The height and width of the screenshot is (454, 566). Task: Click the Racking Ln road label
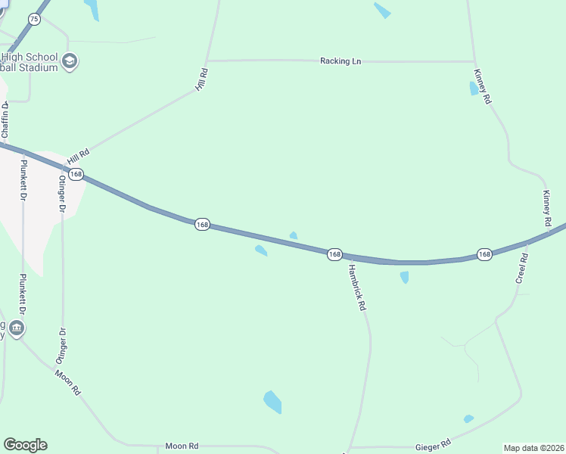tap(340, 61)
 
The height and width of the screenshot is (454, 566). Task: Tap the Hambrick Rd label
tap(356, 287)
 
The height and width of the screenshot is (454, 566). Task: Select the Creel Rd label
tap(521, 269)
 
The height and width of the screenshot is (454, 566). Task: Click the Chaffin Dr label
tap(7, 121)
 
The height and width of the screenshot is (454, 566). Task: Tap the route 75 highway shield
tap(34, 19)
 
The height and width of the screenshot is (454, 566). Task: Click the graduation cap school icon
tap(70, 61)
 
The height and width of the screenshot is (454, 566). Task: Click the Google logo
tap(25, 445)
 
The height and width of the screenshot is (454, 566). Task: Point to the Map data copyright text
tap(533, 448)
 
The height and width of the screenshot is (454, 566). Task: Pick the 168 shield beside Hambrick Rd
tap(334, 254)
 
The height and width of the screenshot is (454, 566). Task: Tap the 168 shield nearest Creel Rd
tap(484, 254)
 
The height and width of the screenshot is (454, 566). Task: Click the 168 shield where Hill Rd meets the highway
tap(75, 174)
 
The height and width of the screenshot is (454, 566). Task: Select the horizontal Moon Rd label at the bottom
tap(182, 446)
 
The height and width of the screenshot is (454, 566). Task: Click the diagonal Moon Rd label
tap(67, 383)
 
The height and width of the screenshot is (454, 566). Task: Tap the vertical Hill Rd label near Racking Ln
tap(201, 80)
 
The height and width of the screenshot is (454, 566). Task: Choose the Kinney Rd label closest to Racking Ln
tap(482, 86)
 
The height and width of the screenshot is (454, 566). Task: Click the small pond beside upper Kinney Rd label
tap(474, 88)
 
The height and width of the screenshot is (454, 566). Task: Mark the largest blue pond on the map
tap(272, 401)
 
